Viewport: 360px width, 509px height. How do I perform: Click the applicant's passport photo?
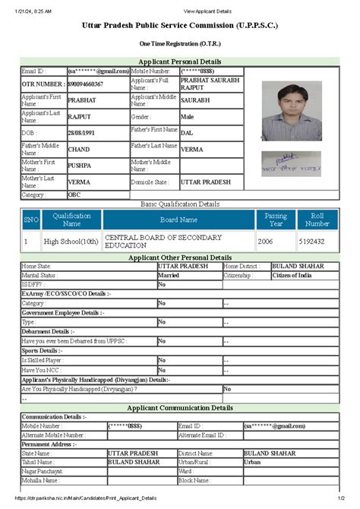coord(291,111)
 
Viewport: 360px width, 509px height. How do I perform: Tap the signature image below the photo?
coord(291,161)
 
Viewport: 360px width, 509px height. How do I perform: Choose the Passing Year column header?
coord(276,220)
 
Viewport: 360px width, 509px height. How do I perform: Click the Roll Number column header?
coord(317,220)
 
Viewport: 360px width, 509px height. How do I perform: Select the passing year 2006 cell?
coord(265,242)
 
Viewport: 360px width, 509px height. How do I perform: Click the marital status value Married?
coord(171,275)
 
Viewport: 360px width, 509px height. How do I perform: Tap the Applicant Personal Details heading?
coord(179,61)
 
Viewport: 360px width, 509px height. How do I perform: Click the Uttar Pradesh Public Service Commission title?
coord(180,26)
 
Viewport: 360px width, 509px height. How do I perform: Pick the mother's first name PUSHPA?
coord(80,165)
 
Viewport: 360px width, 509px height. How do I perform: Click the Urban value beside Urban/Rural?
coord(254,461)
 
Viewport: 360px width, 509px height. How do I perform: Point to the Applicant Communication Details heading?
coord(179,408)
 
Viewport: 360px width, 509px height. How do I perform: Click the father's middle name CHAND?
coord(79,149)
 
